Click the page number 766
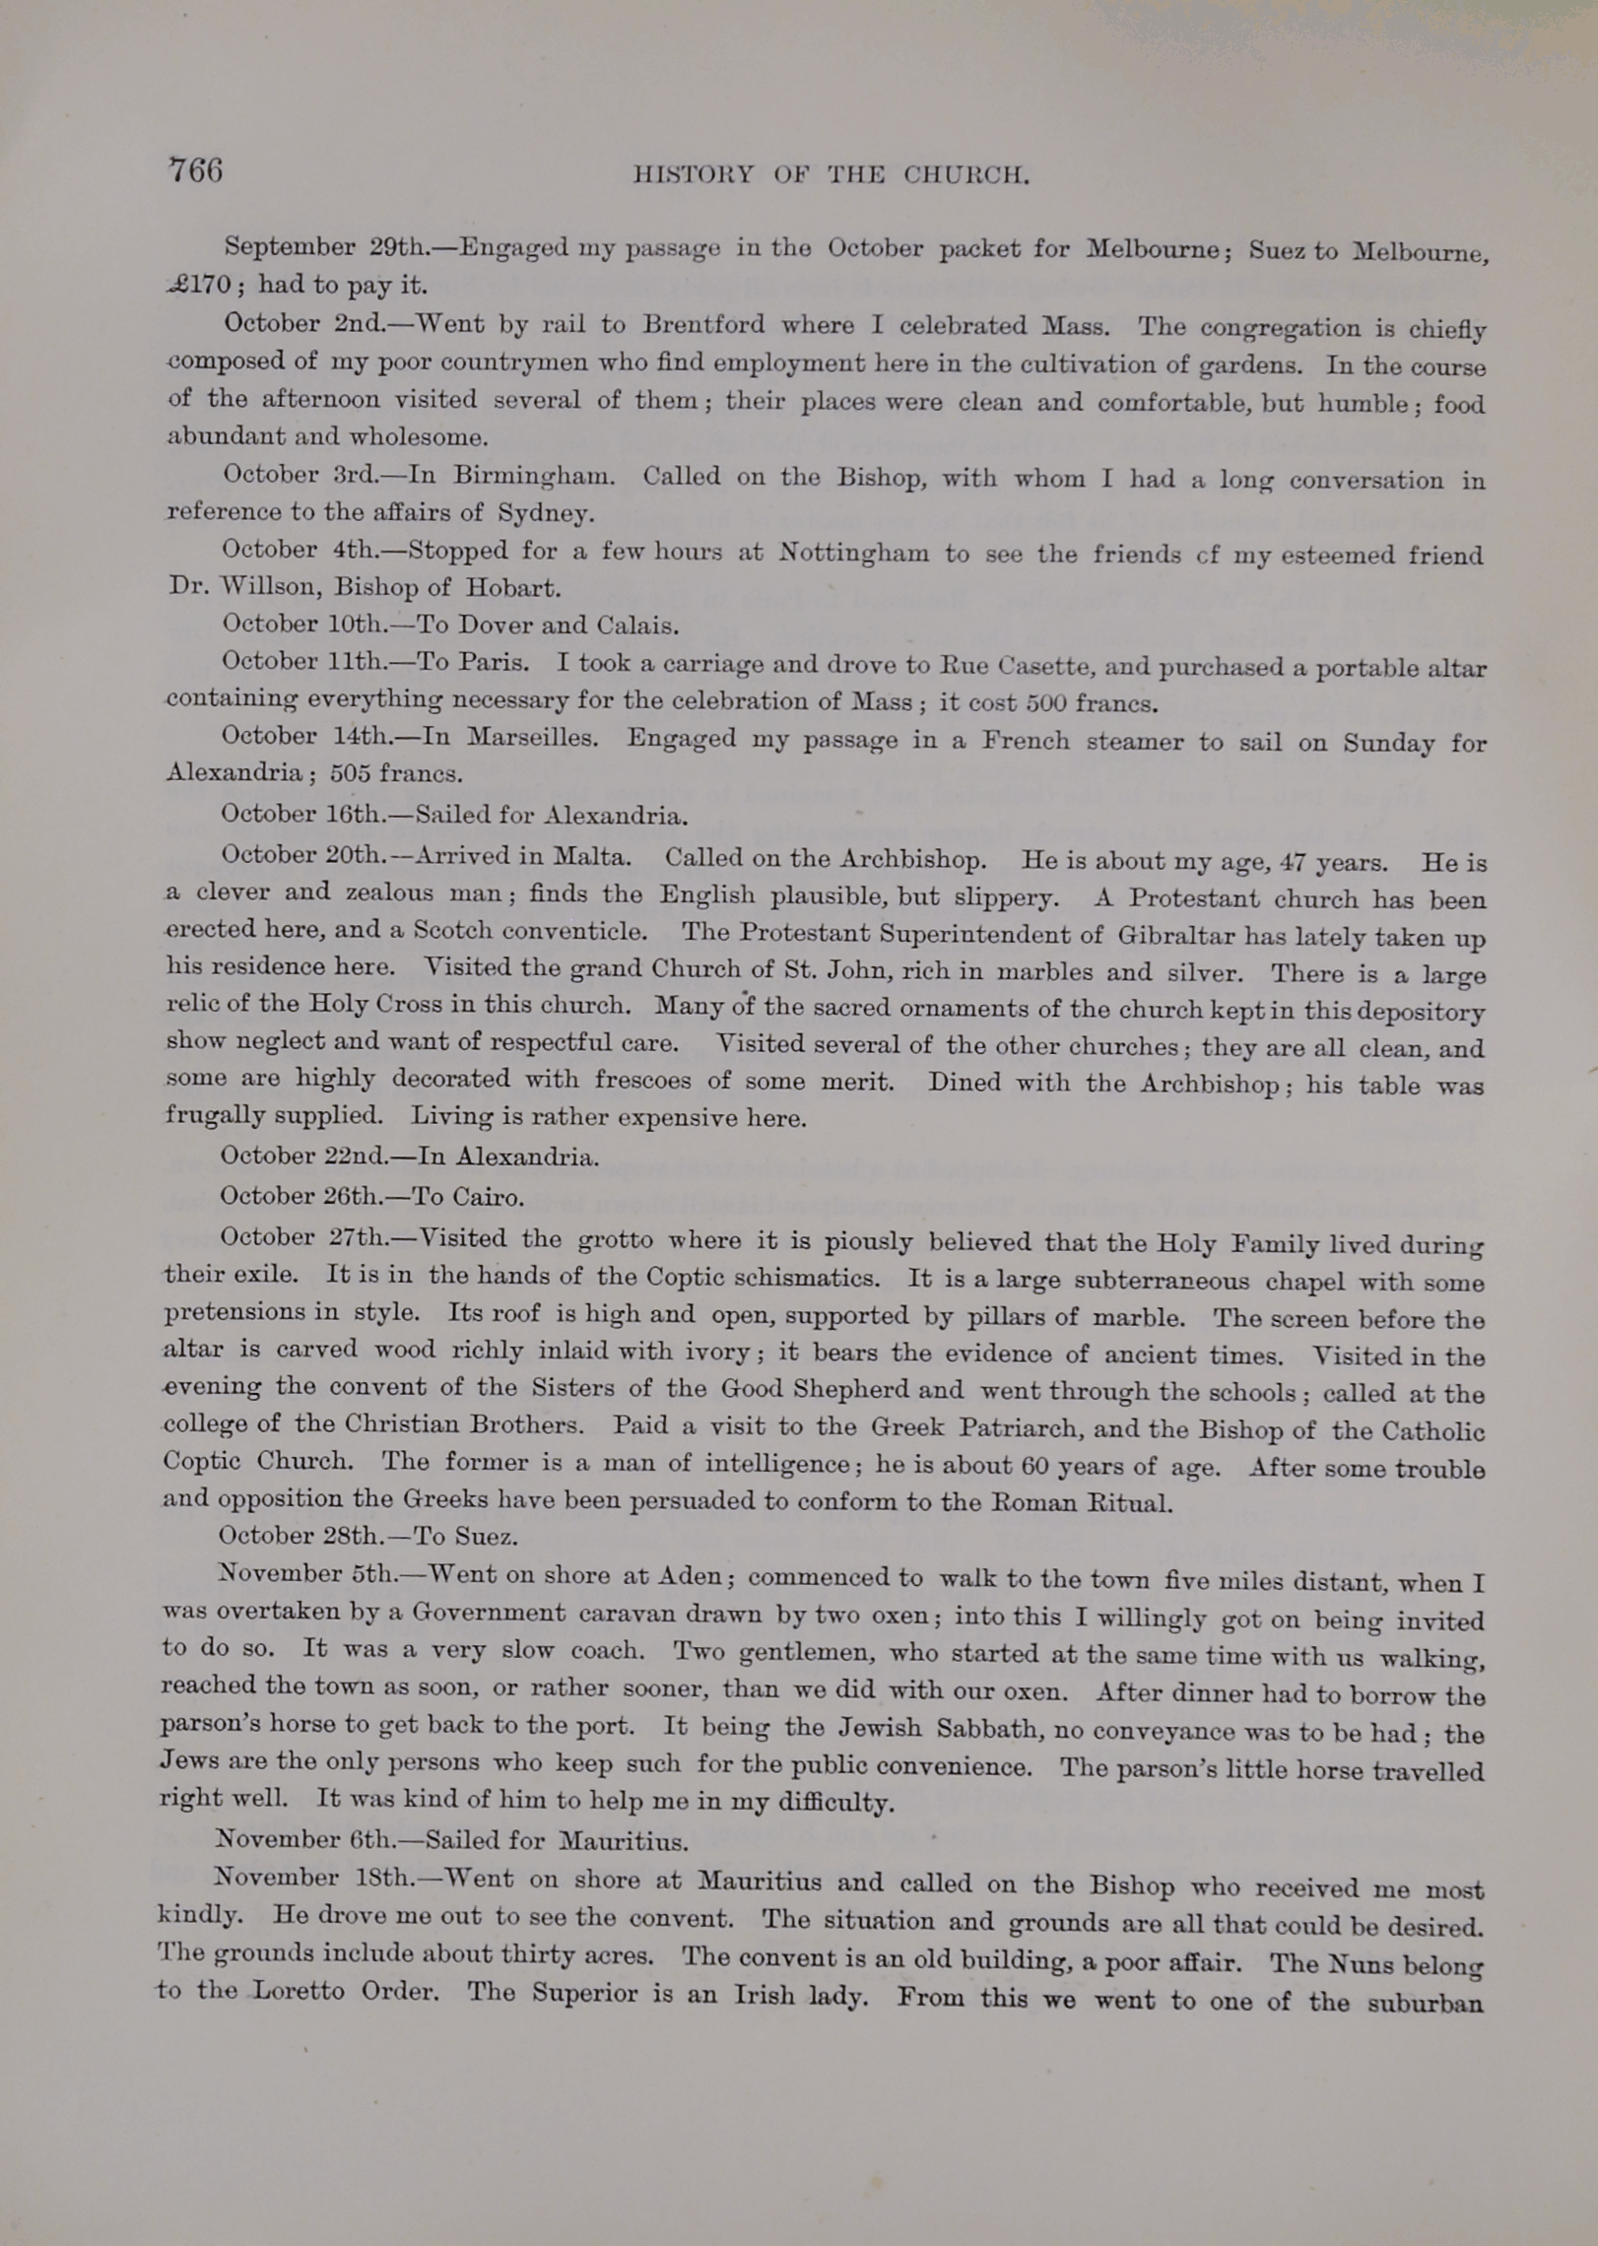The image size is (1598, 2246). tap(196, 170)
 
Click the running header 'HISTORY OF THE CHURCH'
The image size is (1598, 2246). tap(831, 175)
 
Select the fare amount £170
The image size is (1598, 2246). tap(200, 286)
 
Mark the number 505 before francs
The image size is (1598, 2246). tap(351, 773)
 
